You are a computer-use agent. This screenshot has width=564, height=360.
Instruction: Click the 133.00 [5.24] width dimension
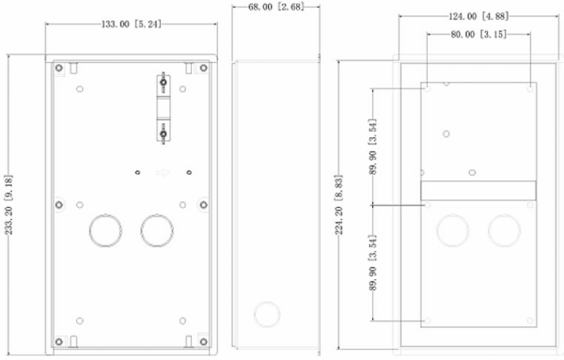132,24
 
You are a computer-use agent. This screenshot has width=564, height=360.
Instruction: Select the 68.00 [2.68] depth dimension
275,7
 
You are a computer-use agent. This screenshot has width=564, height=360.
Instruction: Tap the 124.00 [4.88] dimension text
478,16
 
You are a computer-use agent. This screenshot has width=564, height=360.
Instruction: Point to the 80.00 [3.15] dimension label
478,34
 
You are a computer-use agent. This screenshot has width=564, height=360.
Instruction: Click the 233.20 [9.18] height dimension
8,205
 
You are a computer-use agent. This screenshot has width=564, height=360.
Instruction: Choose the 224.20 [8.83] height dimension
338,205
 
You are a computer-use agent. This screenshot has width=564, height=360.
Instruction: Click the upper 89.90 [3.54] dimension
372,147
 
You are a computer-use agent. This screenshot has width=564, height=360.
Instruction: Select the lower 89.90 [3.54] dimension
372,262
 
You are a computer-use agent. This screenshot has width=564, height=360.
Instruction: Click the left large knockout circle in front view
105,230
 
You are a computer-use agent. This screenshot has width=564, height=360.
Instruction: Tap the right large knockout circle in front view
157,230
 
